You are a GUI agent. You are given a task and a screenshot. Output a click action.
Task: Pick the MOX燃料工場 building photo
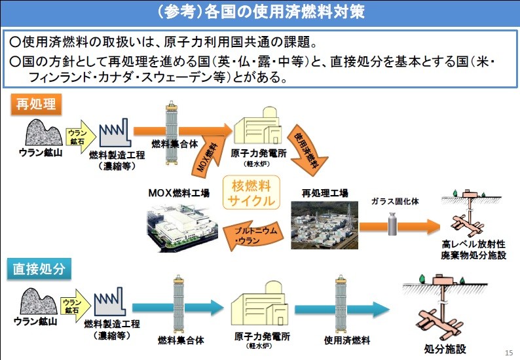point(179,226)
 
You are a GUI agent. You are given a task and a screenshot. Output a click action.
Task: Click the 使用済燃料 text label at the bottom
point(347,340)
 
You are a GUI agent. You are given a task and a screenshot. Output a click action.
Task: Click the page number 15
point(509,352)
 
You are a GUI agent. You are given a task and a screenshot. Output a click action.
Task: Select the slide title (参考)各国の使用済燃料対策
point(260,12)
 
